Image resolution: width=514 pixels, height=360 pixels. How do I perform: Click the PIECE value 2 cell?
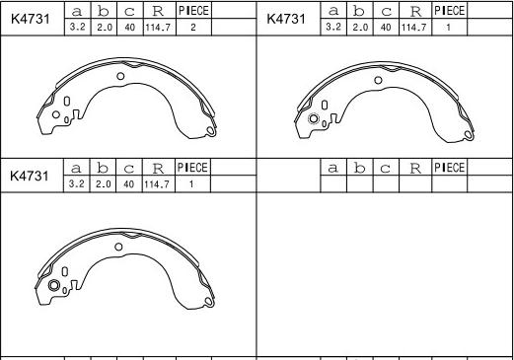(x=193, y=28)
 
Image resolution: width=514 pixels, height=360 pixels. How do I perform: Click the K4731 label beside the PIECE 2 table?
(x=31, y=19)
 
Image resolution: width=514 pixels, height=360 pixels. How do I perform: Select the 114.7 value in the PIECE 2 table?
(x=158, y=28)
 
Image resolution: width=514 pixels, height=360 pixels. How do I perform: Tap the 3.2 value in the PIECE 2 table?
(x=77, y=27)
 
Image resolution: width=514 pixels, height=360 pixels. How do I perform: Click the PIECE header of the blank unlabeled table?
(x=449, y=168)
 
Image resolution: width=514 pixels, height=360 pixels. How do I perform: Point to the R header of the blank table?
(x=415, y=169)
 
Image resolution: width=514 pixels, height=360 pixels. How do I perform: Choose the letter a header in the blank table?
(x=332, y=169)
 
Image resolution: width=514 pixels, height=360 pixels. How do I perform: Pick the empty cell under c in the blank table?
(x=386, y=183)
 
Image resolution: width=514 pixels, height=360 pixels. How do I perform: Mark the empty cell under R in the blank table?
(x=415, y=183)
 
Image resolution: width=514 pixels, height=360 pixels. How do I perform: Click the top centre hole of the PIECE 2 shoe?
(x=120, y=76)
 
